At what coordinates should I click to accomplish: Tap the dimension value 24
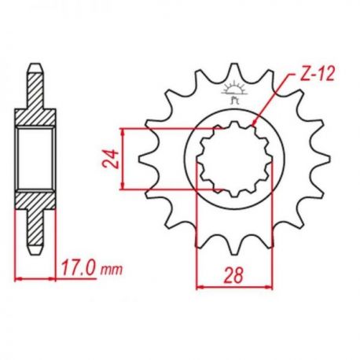pos(110,159)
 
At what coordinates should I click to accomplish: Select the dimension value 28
pos(233,275)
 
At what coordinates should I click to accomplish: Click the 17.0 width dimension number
pos(79,268)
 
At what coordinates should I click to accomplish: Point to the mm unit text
pos(112,270)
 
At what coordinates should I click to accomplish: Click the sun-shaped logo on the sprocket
pos(234,93)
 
